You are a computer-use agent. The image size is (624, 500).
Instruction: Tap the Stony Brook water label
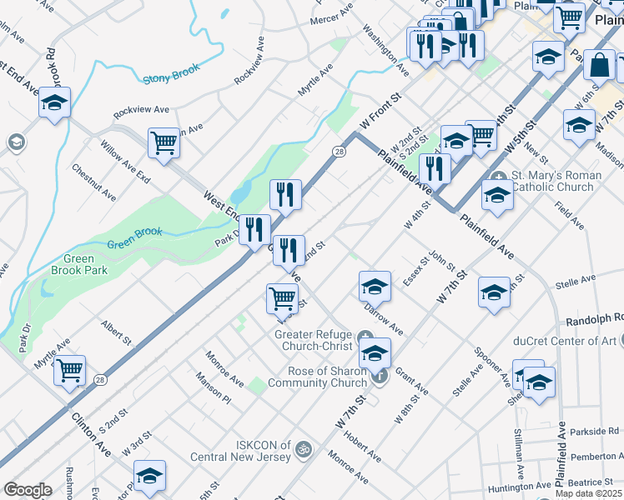click(172, 79)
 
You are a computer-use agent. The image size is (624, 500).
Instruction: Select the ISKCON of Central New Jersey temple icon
click(303, 449)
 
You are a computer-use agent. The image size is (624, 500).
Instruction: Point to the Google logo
click(28, 490)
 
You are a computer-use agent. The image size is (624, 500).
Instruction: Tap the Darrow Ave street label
click(384, 318)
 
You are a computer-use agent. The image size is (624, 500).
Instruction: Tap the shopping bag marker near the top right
click(599, 64)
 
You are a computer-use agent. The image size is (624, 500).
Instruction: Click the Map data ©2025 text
click(588, 493)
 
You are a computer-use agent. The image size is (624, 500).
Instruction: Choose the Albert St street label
click(117, 331)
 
